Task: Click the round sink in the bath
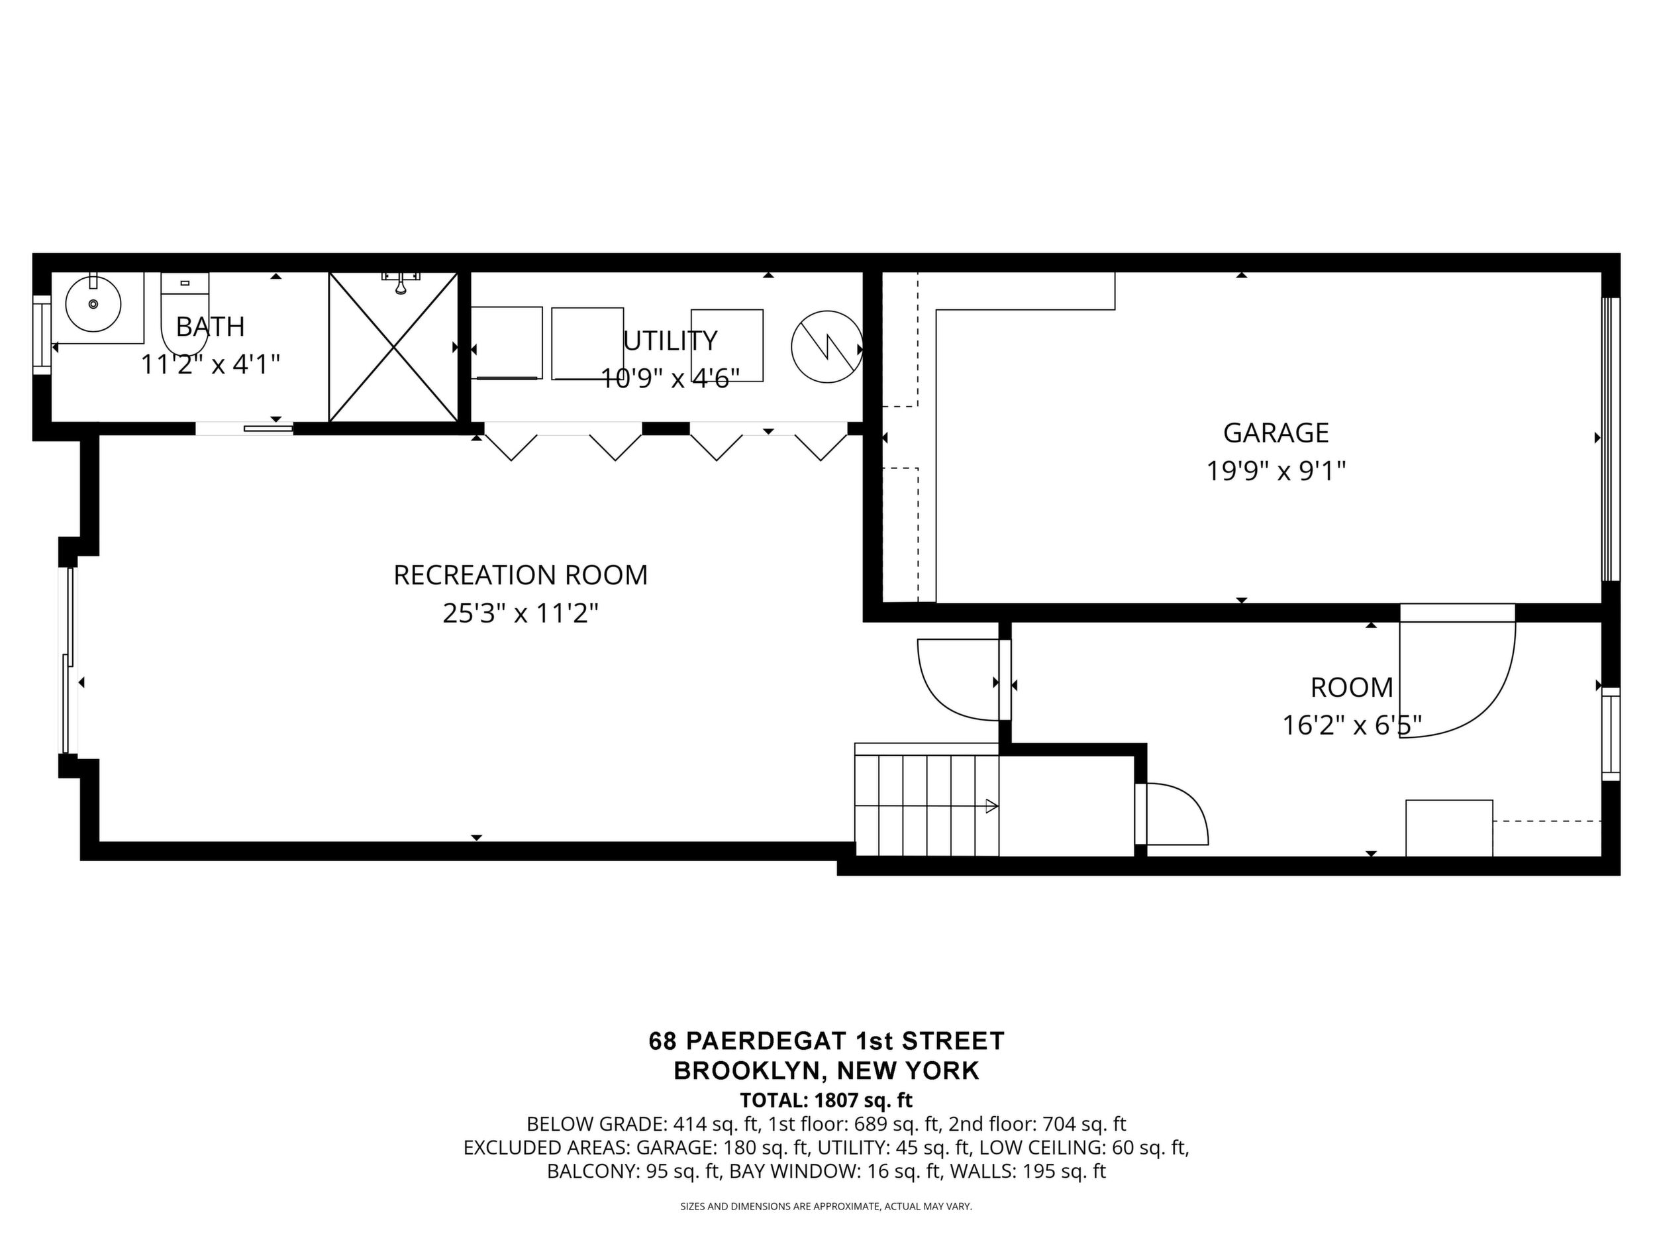(93, 304)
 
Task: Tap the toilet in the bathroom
(185, 315)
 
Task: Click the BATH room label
(210, 327)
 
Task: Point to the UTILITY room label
(670, 341)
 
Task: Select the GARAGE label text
(1276, 433)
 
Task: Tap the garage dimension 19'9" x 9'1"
(1276, 472)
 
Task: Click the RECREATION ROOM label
(521, 575)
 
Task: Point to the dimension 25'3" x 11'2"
(521, 613)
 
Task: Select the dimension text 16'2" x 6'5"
(1352, 725)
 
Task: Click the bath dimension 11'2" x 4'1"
(210, 365)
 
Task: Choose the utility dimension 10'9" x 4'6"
(670, 379)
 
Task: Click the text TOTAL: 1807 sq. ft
(826, 1100)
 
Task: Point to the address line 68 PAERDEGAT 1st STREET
(826, 1041)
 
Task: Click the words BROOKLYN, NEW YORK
(826, 1070)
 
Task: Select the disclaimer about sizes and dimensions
(826, 1206)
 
